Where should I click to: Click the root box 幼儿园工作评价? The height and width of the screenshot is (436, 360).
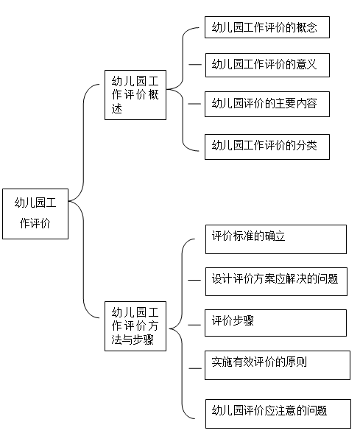tap(35, 214)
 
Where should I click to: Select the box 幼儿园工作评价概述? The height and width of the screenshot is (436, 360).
tap(135, 95)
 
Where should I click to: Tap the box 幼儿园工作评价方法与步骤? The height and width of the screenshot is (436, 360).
tap(135, 326)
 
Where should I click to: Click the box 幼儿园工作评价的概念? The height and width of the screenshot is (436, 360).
tap(267, 27)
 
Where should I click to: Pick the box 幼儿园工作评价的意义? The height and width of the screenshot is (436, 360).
tap(267, 65)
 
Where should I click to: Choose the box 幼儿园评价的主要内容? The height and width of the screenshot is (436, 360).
tap(267, 104)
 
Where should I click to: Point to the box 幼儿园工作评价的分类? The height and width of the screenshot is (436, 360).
tap(267, 147)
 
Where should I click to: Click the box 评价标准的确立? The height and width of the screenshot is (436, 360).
tap(276, 239)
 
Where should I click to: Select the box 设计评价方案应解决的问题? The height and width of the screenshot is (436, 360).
tap(276, 281)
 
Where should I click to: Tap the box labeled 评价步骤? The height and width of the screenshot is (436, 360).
tap(276, 323)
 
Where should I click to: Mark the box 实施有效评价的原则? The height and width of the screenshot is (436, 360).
tap(278, 365)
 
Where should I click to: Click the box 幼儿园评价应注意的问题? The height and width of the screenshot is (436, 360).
tap(278, 414)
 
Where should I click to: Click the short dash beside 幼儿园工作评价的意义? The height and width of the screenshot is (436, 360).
tap(195, 65)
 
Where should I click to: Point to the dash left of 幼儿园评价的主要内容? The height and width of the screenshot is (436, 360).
tap(194, 104)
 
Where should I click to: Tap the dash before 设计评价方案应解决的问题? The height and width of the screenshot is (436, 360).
tap(194, 281)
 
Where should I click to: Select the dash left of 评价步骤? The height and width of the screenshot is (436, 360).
tap(194, 325)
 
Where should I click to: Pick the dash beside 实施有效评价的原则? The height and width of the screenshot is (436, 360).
tap(195, 368)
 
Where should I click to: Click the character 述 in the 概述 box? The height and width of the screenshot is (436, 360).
tap(117, 108)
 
